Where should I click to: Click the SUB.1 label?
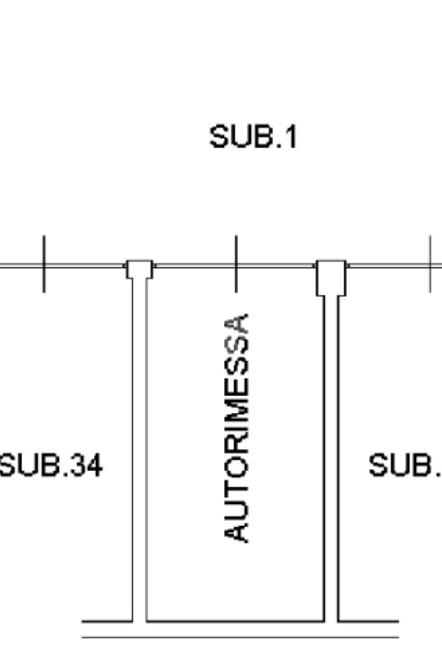tap(253, 137)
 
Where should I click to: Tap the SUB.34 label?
tap(50, 465)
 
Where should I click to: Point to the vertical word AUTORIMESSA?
tap(236, 428)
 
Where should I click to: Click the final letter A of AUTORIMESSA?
tap(236, 325)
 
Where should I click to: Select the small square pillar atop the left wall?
tap(139, 269)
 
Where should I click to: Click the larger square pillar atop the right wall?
tap(331, 277)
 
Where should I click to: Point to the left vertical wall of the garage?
tap(139, 452)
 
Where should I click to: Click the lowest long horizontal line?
tap(239, 637)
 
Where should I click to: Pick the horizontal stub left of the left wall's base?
tap(107, 621)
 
